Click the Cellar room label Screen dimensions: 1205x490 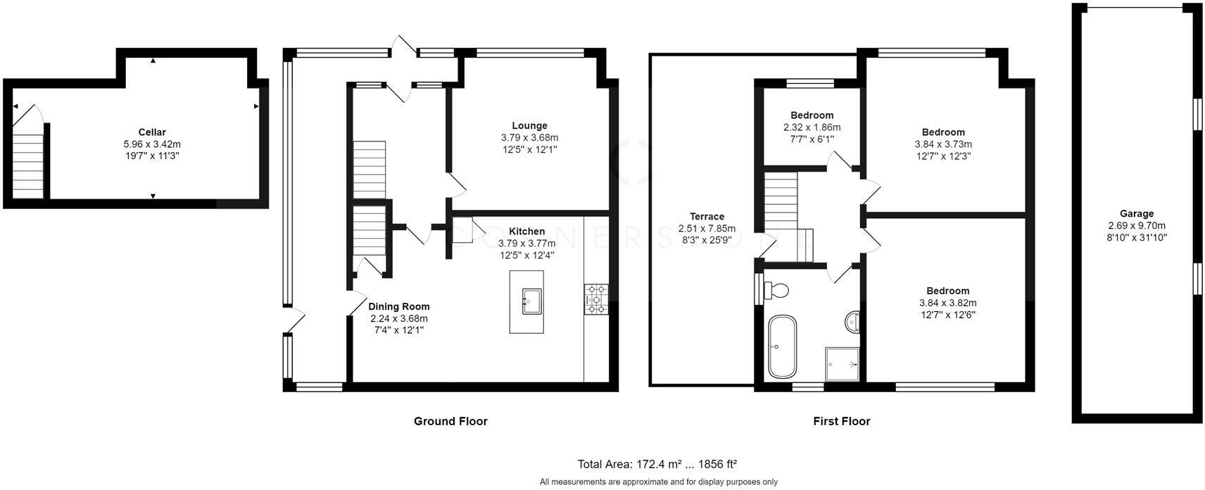(x=152, y=132)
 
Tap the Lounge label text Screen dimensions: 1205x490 (x=529, y=126)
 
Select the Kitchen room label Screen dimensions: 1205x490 (x=526, y=232)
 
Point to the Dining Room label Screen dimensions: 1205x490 (x=398, y=306)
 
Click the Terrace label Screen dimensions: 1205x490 (x=707, y=216)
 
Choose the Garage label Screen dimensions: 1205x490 (x=1137, y=213)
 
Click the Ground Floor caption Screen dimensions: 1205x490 (x=450, y=421)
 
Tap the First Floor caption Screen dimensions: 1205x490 (x=841, y=421)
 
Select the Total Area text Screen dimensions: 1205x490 (x=657, y=464)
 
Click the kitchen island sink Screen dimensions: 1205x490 (x=531, y=301)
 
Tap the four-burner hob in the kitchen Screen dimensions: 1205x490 (x=596, y=299)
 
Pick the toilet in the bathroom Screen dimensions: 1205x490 (x=775, y=291)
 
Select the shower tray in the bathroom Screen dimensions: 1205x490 (x=842, y=364)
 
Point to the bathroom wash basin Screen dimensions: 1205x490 (x=852, y=322)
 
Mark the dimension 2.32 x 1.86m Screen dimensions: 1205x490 (x=812, y=127)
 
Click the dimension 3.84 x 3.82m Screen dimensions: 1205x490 (x=947, y=303)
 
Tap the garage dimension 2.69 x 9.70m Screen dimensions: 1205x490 (x=1137, y=225)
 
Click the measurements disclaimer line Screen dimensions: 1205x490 (x=658, y=482)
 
